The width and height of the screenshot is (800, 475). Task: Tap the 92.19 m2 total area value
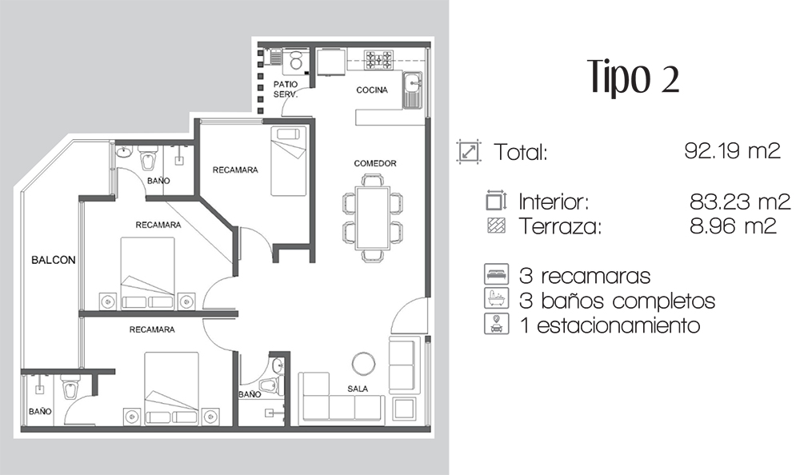(732, 150)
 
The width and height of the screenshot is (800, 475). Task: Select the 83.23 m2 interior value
(740, 202)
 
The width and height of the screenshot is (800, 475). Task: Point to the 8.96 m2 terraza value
(733, 226)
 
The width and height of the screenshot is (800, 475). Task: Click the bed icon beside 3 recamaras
(497, 274)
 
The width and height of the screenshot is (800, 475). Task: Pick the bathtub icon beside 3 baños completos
(497, 298)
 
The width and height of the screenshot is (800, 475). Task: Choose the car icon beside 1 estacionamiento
(497, 324)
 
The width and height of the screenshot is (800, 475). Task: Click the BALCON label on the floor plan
(54, 260)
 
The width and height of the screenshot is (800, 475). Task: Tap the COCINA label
(372, 90)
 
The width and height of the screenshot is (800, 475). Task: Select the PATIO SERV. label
(286, 90)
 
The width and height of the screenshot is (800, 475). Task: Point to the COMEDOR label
(375, 163)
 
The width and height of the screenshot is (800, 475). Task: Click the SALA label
(358, 389)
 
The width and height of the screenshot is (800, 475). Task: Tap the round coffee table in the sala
(364, 364)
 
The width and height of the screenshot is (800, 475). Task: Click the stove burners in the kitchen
(378, 60)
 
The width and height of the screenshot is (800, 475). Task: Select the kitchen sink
(412, 90)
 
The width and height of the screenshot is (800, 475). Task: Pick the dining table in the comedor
(373, 218)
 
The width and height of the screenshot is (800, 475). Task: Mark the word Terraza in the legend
(560, 226)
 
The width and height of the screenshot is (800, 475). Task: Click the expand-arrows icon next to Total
(469, 151)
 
